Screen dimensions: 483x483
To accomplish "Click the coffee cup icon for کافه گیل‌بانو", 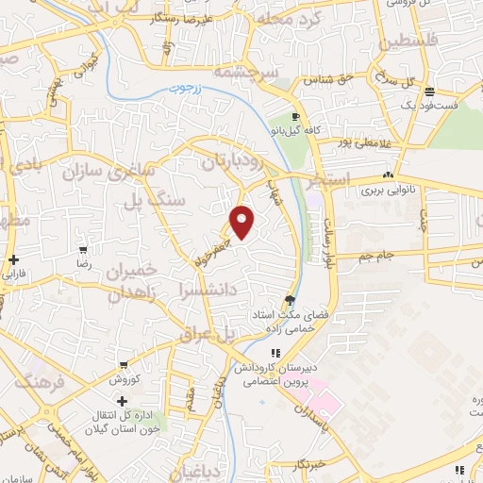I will (x=296, y=117).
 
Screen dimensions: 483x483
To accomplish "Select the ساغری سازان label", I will (x=100, y=173).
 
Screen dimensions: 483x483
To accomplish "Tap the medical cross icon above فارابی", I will (x=13, y=259).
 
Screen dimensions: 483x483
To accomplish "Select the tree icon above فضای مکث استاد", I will (x=275, y=300).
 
